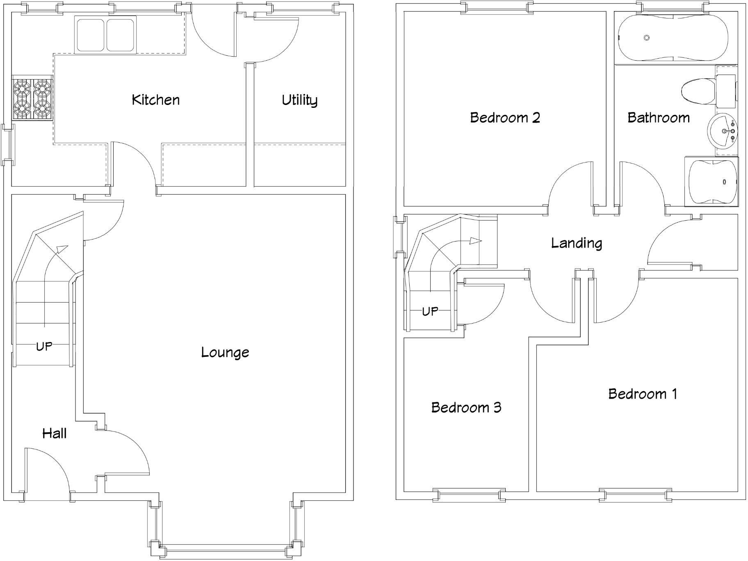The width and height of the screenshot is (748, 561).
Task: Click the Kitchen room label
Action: click(155, 100)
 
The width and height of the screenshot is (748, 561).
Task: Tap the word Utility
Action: click(299, 100)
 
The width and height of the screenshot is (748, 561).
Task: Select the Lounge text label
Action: click(225, 352)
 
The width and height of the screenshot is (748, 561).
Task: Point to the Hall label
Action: click(54, 433)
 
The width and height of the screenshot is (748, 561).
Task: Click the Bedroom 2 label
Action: click(505, 118)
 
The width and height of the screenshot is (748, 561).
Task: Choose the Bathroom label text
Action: click(658, 118)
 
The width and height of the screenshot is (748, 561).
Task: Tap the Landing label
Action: click(576, 243)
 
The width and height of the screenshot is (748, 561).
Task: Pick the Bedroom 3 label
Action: click(466, 407)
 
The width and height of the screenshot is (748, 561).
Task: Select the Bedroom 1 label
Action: click(642, 394)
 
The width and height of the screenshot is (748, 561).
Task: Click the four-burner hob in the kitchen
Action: click(32, 98)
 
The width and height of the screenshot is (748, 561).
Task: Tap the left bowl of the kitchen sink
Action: click(90, 35)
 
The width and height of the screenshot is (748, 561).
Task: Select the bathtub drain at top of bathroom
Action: click(646, 38)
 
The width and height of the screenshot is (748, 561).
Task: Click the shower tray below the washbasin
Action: click(711, 181)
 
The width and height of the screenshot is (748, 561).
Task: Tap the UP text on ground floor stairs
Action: click(44, 347)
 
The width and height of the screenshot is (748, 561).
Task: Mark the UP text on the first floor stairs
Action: click(430, 312)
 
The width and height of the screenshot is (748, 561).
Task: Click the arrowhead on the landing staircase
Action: click(476, 241)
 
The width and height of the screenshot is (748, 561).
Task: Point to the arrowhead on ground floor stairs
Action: click(62, 248)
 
